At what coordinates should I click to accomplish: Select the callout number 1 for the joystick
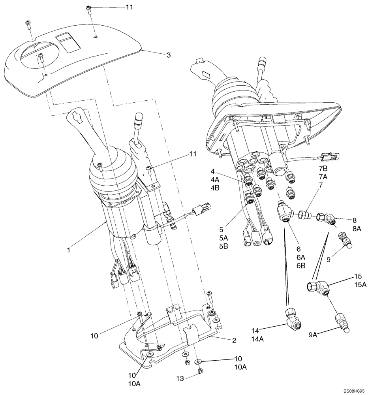coord(69,250)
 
